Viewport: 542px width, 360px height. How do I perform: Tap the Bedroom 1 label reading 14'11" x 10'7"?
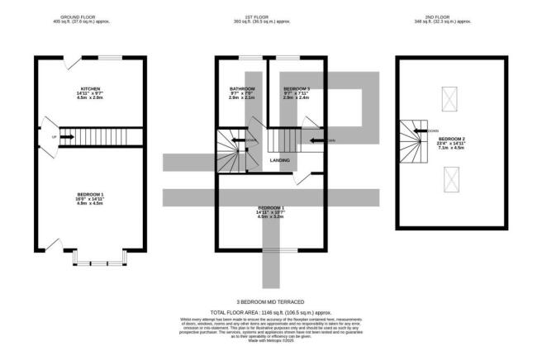click(271, 211)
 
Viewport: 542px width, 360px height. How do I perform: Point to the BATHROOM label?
click(241, 92)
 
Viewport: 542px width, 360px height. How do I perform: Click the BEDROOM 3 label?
click(297, 92)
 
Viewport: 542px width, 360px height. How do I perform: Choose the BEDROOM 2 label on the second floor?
click(450, 142)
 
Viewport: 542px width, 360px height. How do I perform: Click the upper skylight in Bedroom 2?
click(450, 101)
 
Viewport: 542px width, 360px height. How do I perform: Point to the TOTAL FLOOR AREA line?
click(271, 314)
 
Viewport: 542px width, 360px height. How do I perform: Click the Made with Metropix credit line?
click(271, 341)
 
